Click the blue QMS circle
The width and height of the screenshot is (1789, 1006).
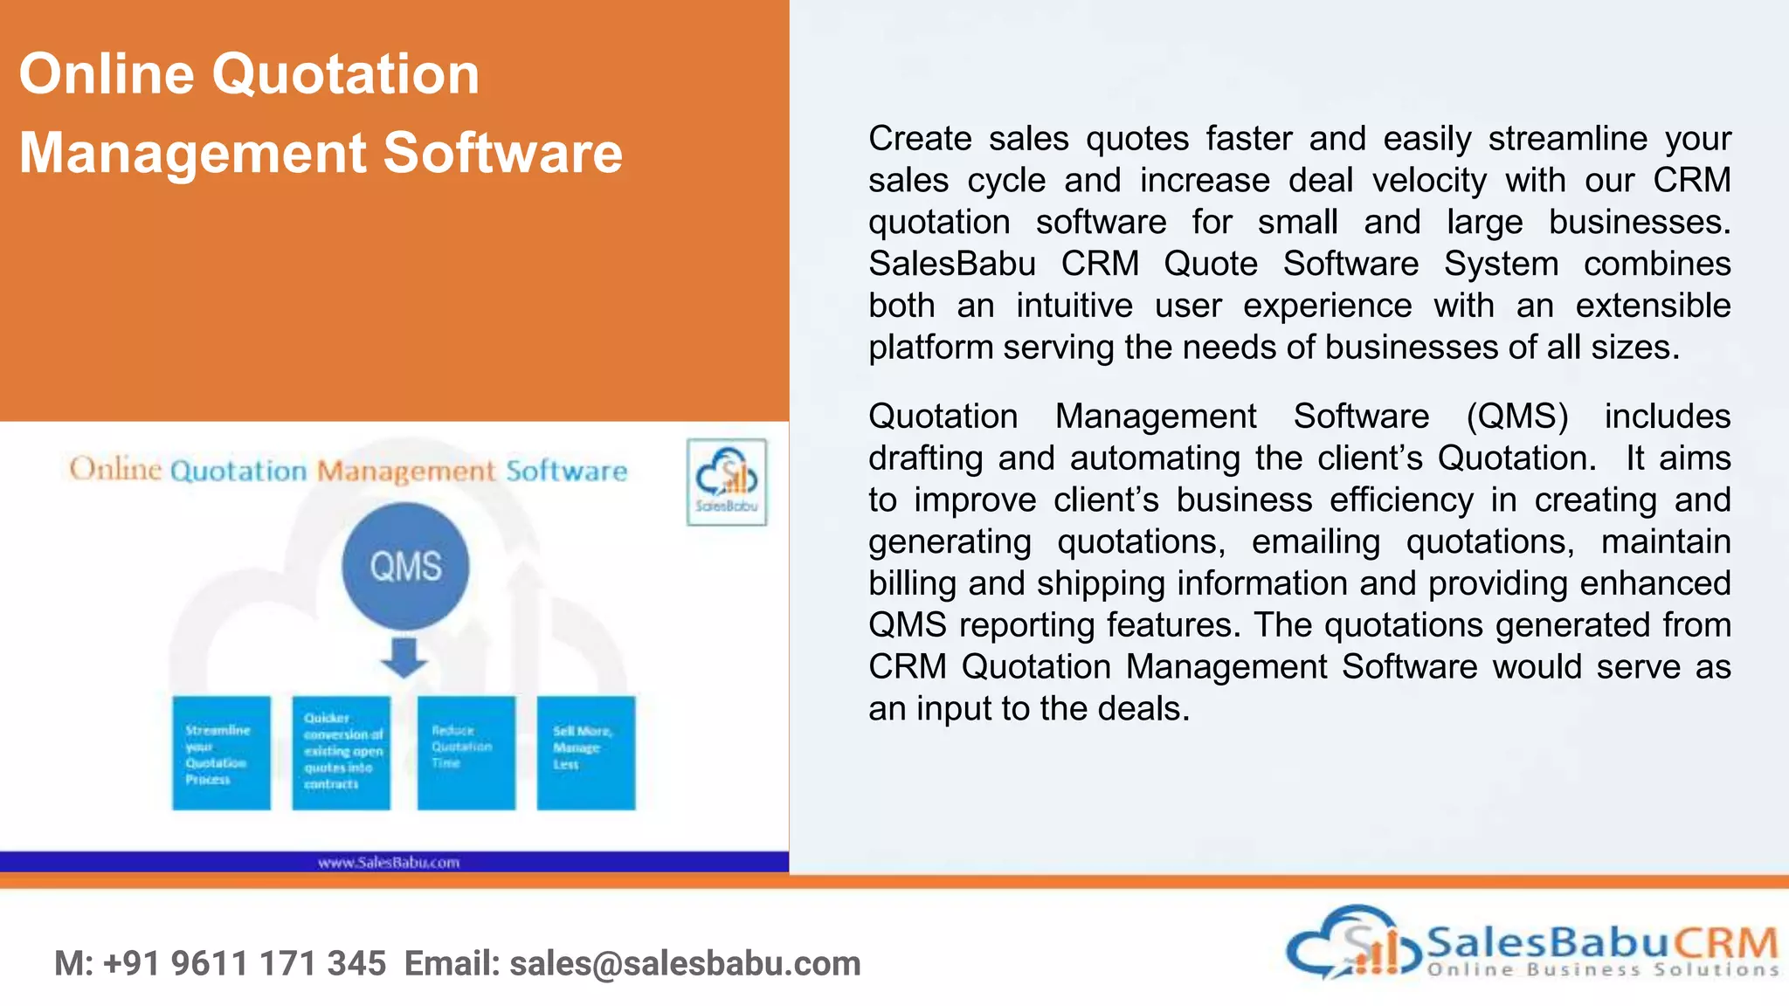(405, 566)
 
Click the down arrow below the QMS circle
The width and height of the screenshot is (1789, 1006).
(404, 658)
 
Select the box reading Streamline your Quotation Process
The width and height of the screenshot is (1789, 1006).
(221, 753)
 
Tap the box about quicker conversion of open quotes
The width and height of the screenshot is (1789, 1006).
(342, 753)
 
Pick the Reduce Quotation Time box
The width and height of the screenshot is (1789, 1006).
(466, 753)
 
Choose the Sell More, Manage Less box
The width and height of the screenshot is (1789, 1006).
(585, 753)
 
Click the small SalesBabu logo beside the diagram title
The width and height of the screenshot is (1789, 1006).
(727, 482)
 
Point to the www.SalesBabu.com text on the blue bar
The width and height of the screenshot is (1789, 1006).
(389, 863)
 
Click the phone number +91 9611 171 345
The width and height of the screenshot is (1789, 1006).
(245, 964)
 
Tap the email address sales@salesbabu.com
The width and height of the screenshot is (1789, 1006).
(685, 964)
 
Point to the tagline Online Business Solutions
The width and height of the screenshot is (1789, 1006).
(1603, 969)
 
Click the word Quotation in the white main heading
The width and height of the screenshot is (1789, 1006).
(346, 73)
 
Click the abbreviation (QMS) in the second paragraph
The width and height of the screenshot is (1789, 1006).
(1517, 417)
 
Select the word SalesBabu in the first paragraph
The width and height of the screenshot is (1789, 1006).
(952, 264)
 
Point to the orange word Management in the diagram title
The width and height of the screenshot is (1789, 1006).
(406, 472)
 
